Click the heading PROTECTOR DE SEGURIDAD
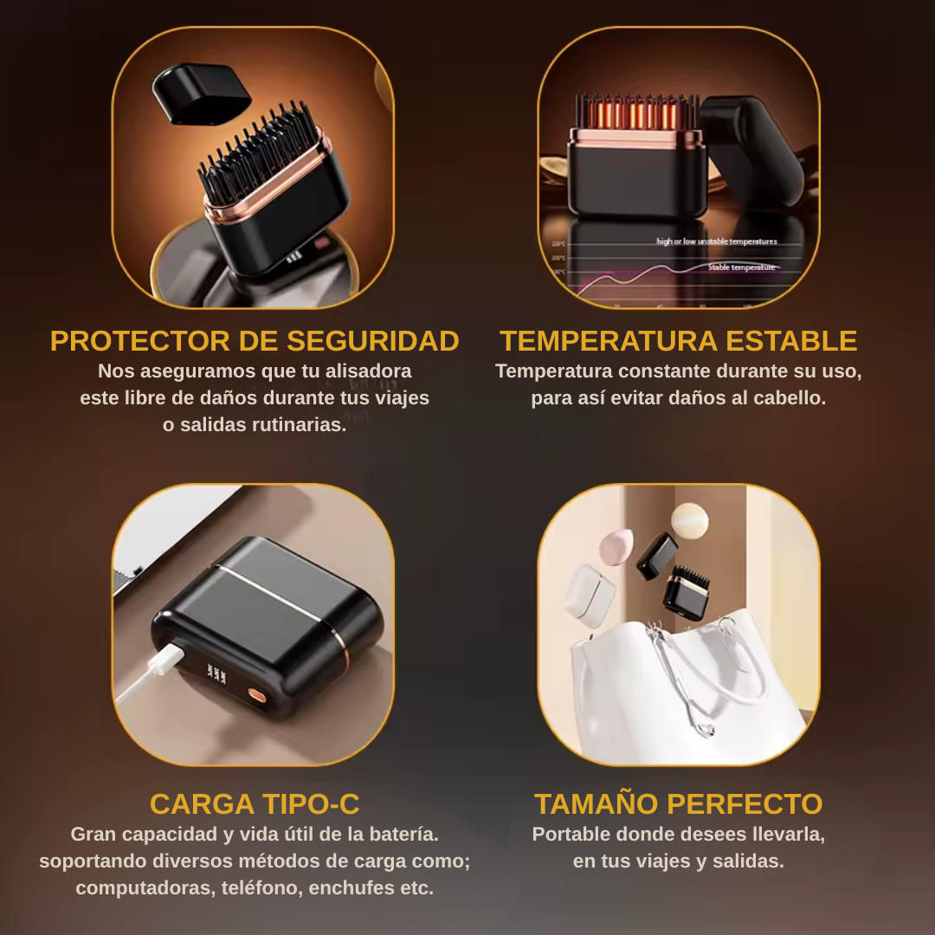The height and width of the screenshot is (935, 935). click(x=255, y=341)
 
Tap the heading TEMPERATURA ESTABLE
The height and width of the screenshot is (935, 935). click(x=679, y=341)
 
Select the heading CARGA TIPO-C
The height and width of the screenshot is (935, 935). click(x=255, y=804)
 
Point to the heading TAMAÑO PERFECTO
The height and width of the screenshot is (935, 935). click(x=679, y=804)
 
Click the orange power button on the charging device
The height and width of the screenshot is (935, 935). click(x=257, y=693)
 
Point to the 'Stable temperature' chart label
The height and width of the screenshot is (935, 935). click(x=741, y=268)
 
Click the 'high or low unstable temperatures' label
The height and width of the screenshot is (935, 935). click(x=716, y=242)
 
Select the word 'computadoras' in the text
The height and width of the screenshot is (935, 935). click(x=143, y=888)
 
